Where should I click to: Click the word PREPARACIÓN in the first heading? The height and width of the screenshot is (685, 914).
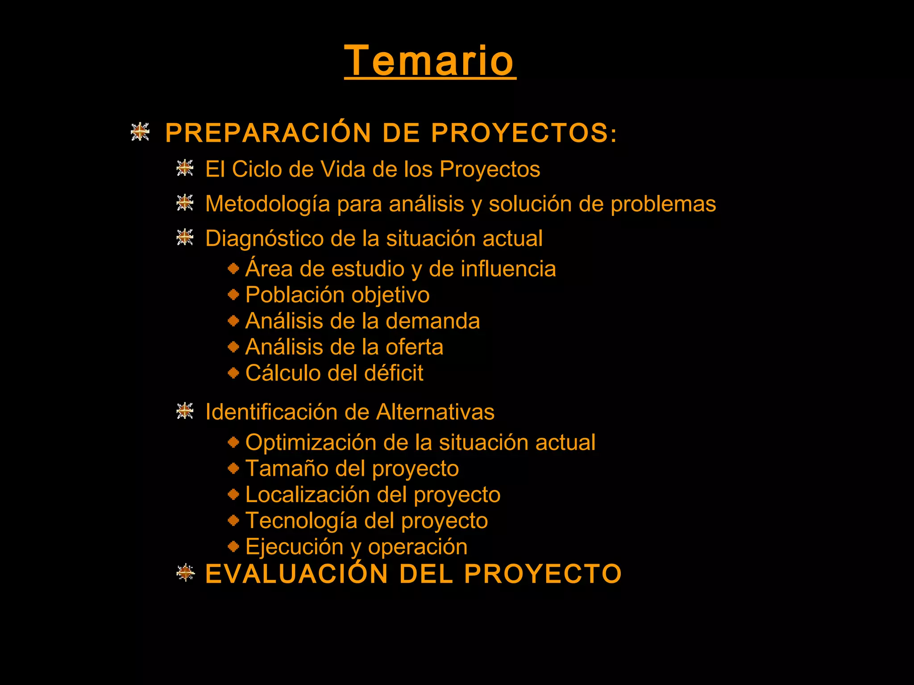click(268, 133)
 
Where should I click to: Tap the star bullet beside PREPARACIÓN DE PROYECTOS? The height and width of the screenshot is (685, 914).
click(140, 132)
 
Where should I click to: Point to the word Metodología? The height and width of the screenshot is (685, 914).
click(268, 204)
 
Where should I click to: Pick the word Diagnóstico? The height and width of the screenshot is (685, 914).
click(264, 239)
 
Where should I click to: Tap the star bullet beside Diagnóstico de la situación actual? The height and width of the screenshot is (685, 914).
click(185, 237)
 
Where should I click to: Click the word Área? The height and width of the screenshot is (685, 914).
click(269, 268)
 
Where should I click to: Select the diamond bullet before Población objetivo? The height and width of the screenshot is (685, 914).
click(233, 295)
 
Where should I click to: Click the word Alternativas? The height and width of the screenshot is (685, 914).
click(435, 412)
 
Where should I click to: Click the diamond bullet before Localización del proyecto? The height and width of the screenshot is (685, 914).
click(233, 494)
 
